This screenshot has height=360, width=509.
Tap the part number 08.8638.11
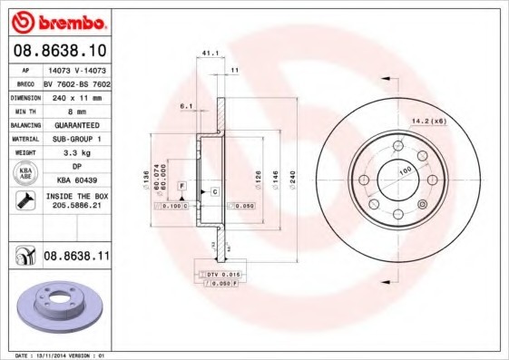pos(76,257)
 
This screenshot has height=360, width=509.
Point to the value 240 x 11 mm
pos(74,95)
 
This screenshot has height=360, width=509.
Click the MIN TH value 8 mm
pos(74,110)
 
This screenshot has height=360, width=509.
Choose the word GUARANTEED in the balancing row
pos(75,124)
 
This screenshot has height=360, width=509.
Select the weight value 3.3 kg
pos(74,153)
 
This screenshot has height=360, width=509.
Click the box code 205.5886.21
pos(75,206)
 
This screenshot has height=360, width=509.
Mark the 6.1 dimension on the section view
pos(186,107)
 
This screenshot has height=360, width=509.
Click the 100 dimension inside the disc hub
pos(404,170)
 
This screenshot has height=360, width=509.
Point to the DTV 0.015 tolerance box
pos(219,273)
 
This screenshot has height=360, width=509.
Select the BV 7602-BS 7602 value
pos(74,81)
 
